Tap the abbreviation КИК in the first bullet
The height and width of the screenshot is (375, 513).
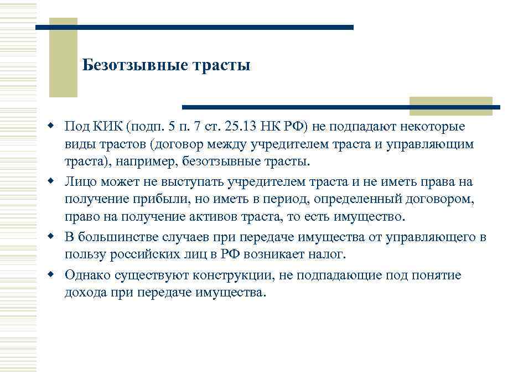(x=107, y=127)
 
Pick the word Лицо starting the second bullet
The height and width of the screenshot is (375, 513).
(x=80, y=181)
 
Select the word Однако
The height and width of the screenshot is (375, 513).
(x=85, y=275)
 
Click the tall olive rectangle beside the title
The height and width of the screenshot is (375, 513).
(x=63, y=58)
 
